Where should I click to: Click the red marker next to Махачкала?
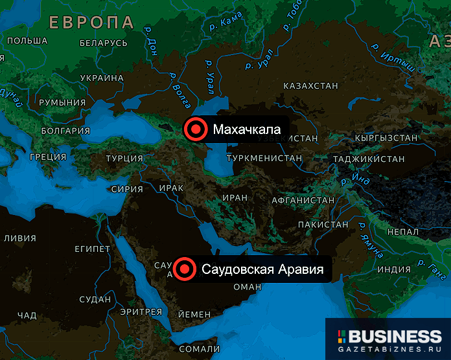click(195, 129)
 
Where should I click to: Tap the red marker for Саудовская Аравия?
click(185, 269)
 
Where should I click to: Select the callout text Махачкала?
click(247, 129)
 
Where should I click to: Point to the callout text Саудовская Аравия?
click(262, 269)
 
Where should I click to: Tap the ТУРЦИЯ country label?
click(124, 158)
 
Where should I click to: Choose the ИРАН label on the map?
click(235, 197)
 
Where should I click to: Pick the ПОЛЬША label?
click(27, 41)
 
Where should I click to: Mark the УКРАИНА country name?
click(102, 78)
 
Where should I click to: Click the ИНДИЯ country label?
click(394, 269)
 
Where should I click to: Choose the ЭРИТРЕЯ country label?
click(141, 312)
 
